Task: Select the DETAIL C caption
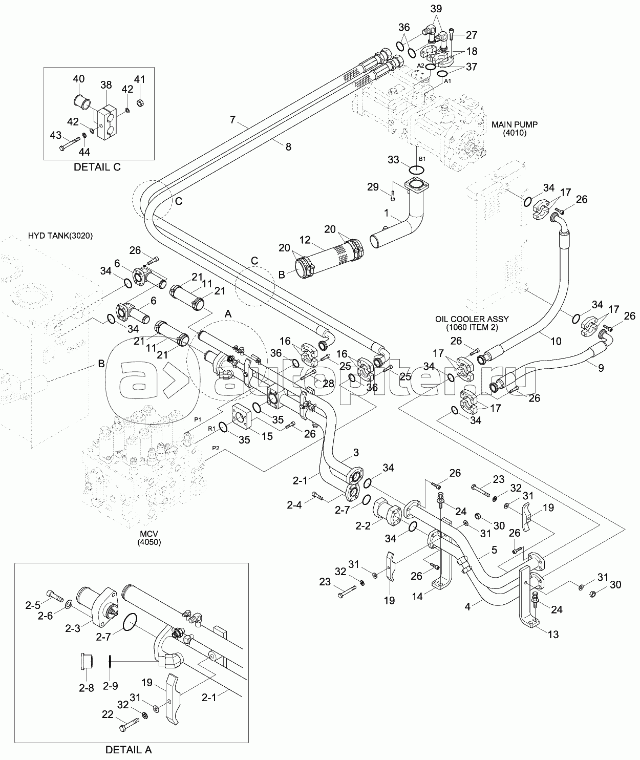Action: coord(97,167)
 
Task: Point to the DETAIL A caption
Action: coord(129,750)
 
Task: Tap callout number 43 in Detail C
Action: coord(55,135)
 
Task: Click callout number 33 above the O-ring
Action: coord(393,160)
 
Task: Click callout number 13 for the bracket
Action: coord(553,635)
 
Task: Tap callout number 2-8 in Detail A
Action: coord(86,687)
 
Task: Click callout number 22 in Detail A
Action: coord(108,729)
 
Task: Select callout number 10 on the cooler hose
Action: coord(556,341)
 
